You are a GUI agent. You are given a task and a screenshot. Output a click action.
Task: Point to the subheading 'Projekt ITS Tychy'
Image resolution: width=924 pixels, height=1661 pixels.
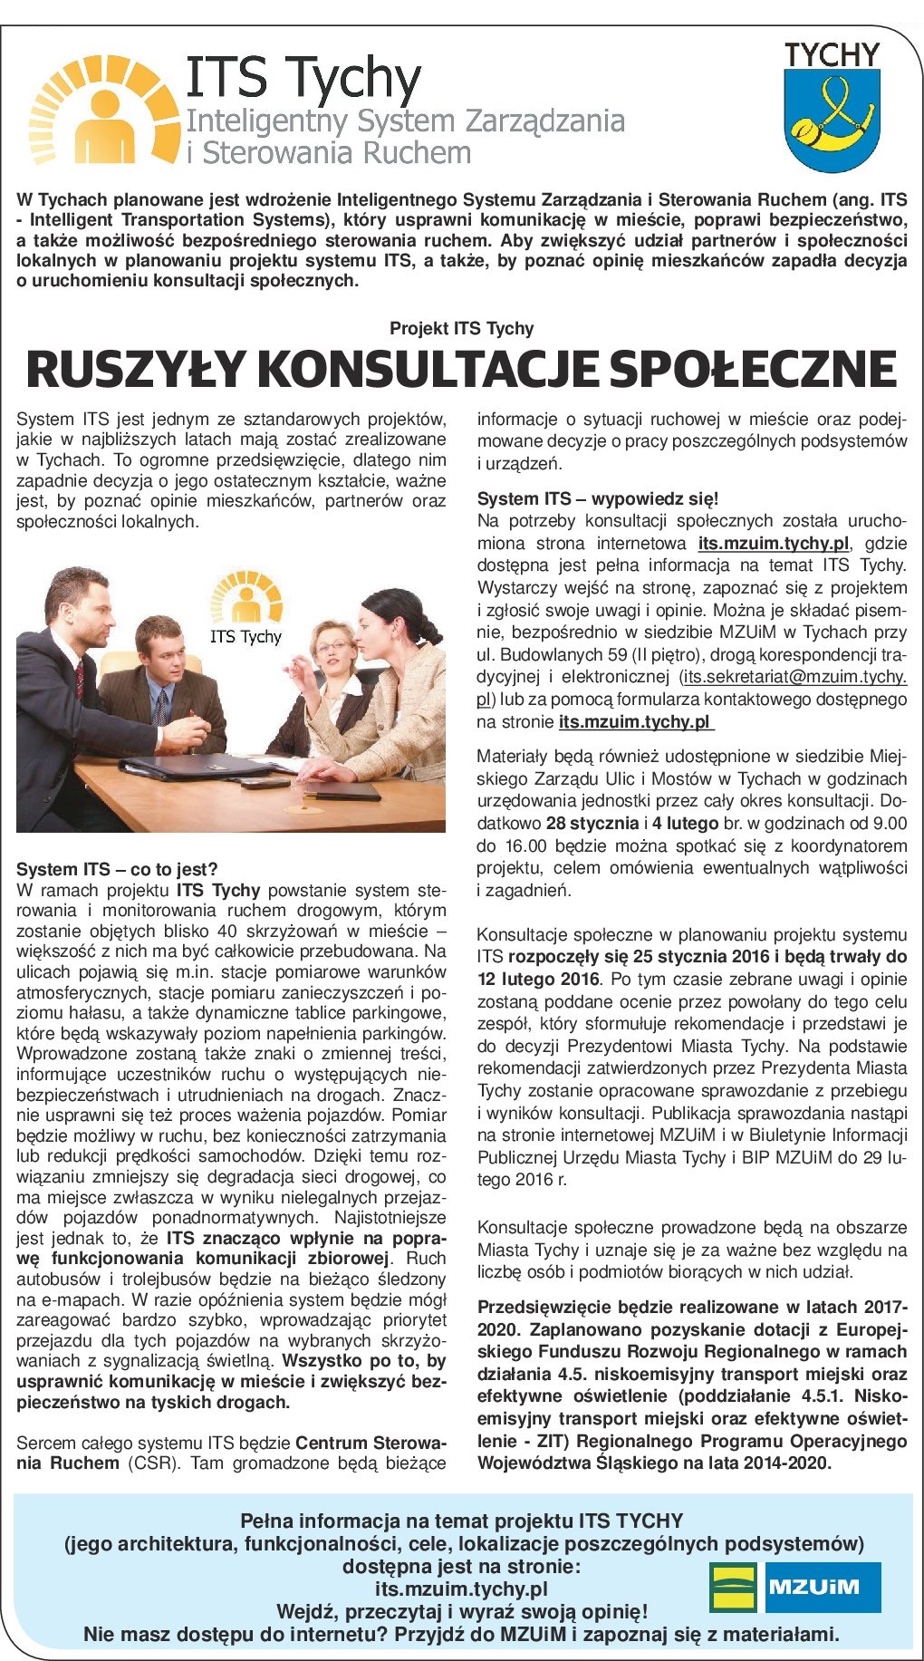(461, 328)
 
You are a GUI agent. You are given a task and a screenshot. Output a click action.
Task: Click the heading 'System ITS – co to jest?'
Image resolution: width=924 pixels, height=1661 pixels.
(117, 869)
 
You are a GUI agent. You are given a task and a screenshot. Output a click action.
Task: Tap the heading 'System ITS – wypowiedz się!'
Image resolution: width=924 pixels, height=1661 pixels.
(597, 498)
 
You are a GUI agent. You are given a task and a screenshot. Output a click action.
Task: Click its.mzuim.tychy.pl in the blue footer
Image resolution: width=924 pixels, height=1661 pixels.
(461, 1589)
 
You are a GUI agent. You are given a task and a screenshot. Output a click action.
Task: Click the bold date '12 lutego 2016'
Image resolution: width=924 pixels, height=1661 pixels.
(538, 979)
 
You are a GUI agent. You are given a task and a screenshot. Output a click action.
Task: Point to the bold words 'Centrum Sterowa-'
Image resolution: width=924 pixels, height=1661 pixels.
(371, 1443)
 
